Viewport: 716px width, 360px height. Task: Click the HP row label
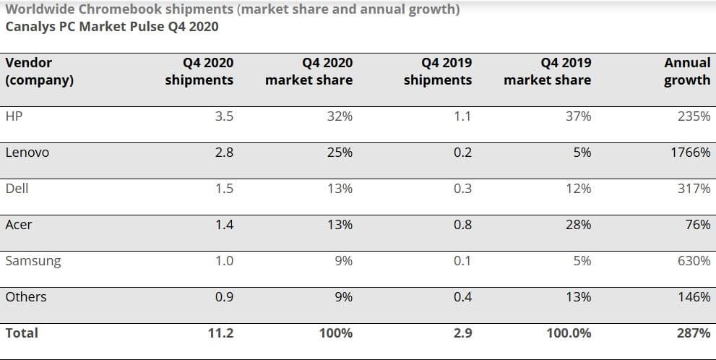coord(14,116)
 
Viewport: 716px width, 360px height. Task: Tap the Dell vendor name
coord(17,188)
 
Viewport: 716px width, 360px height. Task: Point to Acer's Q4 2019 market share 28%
coord(579,225)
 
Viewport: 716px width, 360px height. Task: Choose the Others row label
coord(25,296)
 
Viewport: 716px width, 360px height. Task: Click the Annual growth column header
coord(687,71)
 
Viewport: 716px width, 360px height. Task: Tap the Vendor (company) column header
coord(39,71)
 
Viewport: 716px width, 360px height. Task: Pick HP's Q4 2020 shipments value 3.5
coord(224,116)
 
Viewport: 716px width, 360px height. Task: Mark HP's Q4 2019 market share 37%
coord(579,116)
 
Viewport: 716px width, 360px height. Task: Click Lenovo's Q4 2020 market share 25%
coord(340,153)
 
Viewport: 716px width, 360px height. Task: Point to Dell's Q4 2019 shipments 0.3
coord(462,188)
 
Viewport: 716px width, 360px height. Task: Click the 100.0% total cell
coord(569,333)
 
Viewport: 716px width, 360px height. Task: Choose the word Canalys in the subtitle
coord(28,27)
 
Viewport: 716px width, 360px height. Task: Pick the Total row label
coord(22,333)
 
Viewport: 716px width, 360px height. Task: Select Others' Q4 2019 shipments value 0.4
coord(462,296)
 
